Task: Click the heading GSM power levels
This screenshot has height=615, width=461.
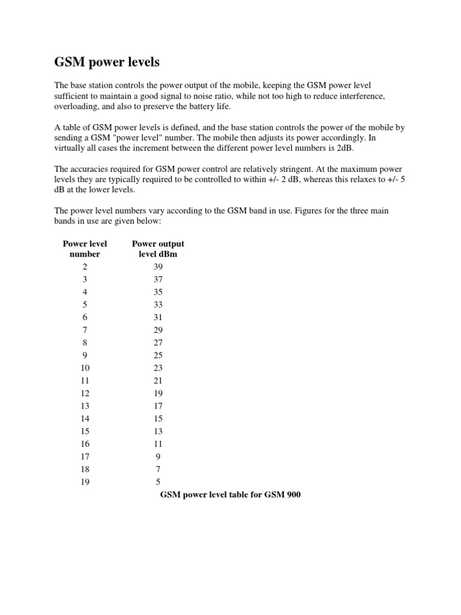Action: pos(107,62)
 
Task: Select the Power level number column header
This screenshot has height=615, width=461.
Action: pos(85,249)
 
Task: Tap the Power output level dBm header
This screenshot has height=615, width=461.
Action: pos(158,249)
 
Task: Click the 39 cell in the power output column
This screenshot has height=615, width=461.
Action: pos(158,267)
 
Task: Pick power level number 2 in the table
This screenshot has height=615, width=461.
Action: pos(85,267)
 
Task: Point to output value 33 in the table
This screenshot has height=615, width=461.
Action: pos(158,304)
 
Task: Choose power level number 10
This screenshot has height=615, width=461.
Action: pos(85,368)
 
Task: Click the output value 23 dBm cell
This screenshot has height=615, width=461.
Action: pos(158,368)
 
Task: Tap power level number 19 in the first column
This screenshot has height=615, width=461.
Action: pos(85,481)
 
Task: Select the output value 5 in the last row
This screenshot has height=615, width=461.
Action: pos(158,481)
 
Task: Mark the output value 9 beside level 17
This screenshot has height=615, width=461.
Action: pos(158,456)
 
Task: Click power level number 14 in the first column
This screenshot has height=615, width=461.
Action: pos(85,418)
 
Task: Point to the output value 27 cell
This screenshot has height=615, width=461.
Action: pos(158,342)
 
